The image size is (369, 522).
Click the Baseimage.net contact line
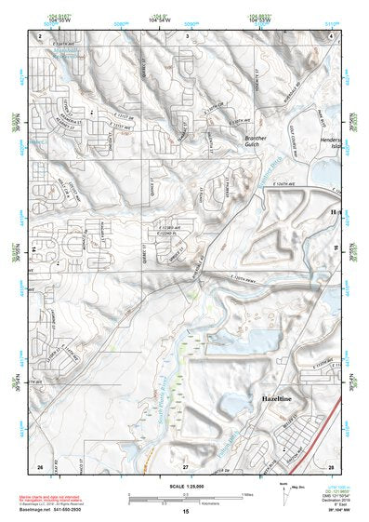pyautogui.click(x=56, y=510)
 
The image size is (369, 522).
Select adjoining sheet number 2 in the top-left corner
pyautogui.click(x=41, y=34)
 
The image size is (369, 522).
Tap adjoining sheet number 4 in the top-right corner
pyautogui.click(x=331, y=34)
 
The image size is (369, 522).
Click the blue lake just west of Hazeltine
pyautogui.click(x=230, y=403)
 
